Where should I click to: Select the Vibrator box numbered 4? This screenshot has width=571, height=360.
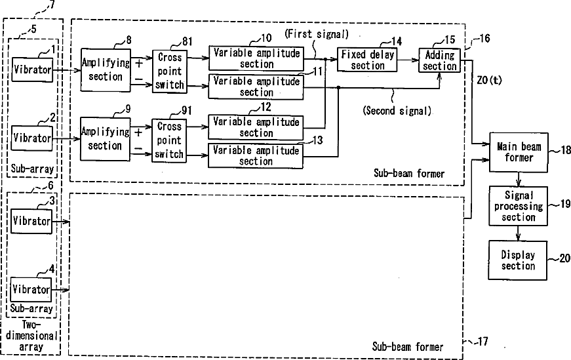(32, 289)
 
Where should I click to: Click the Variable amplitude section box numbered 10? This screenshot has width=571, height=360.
(256, 58)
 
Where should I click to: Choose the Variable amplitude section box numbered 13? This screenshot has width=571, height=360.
(256, 155)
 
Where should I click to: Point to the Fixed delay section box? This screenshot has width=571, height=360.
(368, 60)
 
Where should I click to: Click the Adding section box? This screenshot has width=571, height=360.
(440, 60)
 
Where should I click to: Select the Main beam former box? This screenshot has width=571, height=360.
(519, 151)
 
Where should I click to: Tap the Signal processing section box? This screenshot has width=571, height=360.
(519, 206)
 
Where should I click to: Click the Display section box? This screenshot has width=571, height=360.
(518, 260)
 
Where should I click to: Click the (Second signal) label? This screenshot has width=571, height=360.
(397, 111)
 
